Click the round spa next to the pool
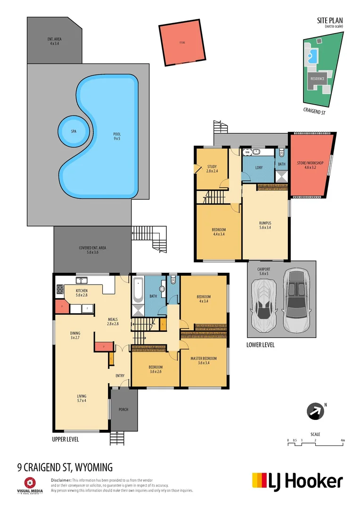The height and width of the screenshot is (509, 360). click(x=74, y=131)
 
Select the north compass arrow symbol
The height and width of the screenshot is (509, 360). click(x=315, y=411)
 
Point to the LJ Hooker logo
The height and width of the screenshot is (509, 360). click(x=297, y=481)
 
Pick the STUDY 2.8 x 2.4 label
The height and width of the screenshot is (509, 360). click(x=212, y=169)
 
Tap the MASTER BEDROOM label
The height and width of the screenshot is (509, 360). click(x=204, y=361)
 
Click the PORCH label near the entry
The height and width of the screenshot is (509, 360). click(x=123, y=410)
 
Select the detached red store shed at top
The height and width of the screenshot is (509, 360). click(x=182, y=43)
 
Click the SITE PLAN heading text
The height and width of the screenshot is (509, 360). click(x=330, y=21)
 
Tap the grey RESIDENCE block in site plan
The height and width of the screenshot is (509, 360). click(x=317, y=79)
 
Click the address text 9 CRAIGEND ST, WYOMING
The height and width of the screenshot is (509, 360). click(x=65, y=467)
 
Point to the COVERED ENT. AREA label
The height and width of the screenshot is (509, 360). click(x=92, y=250)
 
